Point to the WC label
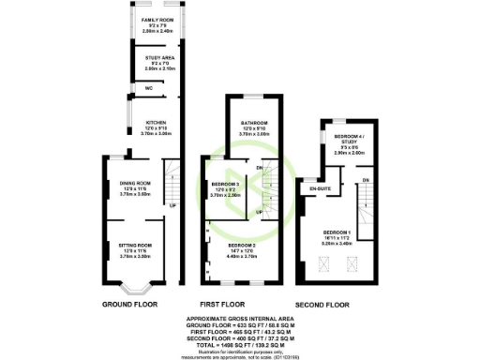149,88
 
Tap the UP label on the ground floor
172,205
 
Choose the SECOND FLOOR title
322,306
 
